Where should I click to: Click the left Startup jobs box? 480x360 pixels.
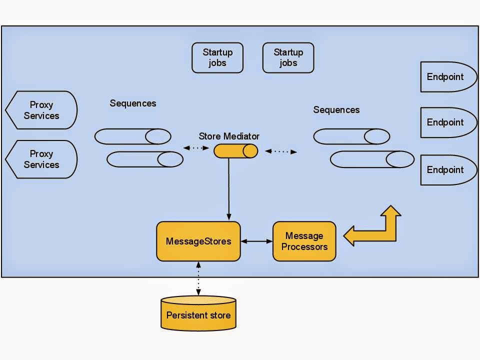click(217, 58)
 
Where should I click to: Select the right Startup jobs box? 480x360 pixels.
click(288, 58)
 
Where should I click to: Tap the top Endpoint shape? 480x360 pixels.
click(446, 77)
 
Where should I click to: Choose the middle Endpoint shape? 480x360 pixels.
click(446, 122)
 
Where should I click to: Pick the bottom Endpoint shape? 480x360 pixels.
click(446, 170)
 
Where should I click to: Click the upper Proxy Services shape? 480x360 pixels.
click(42, 110)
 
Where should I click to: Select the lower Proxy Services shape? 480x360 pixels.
click(42, 159)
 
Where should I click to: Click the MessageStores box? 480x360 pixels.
click(198, 241)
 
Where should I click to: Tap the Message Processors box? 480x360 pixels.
click(304, 241)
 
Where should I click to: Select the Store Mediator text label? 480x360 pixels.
click(229, 136)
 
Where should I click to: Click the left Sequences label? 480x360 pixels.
click(133, 103)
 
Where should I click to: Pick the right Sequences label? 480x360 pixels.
click(336, 110)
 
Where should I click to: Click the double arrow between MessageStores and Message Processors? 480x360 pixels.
click(256, 241)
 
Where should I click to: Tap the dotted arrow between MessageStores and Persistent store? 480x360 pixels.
click(198, 278)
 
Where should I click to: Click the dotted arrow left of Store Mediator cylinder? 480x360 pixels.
click(196, 148)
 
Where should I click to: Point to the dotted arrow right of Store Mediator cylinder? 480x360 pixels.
click(280, 151)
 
